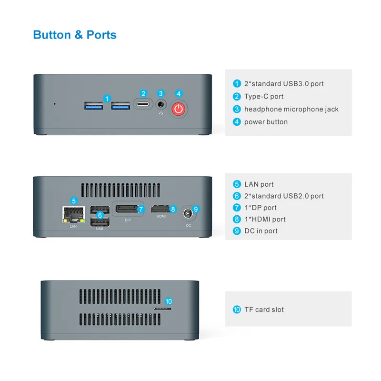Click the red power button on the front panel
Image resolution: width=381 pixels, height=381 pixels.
179,109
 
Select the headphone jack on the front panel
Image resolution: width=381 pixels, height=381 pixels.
161,104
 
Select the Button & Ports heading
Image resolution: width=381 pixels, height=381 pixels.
75,35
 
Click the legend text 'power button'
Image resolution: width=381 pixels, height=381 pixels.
266,122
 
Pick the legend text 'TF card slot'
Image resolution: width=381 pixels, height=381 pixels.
264,310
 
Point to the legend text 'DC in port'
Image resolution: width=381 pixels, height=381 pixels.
261,231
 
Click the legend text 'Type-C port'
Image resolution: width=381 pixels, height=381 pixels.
263,97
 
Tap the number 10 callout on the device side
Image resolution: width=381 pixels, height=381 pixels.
168,301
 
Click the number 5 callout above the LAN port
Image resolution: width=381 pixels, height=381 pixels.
73,201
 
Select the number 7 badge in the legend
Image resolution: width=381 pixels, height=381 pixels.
237,208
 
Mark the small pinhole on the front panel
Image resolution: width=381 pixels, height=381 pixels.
54,103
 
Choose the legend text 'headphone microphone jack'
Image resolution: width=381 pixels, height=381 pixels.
291,109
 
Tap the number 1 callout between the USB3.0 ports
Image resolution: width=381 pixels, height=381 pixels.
108,99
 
